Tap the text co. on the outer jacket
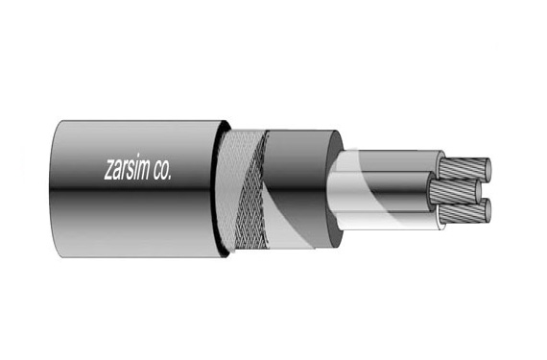(x=178, y=170)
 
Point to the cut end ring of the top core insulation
(x=440, y=164)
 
